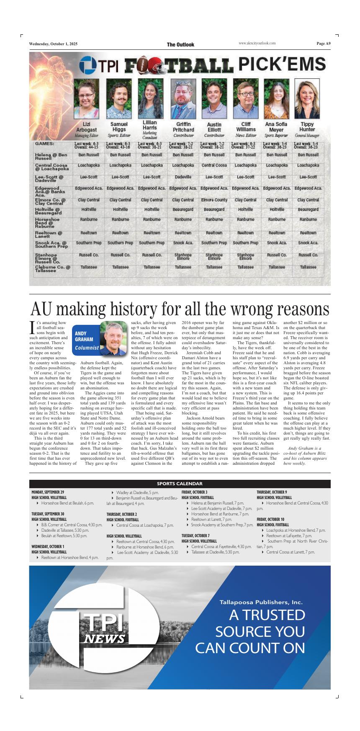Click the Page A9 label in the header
coord(323,44)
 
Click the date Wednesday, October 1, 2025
coord(53,44)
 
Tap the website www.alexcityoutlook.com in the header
coord(257,44)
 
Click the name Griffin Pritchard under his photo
coord(183,127)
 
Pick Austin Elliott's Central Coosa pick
coord(214,165)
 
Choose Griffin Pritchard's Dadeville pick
coord(183,177)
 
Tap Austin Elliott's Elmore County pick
coord(214,200)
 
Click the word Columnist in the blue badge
coord(87,347)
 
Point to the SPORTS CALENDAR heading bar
coord(180,484)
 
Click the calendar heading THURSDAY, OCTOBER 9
coord(272,492)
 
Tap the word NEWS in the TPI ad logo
coord(105,638)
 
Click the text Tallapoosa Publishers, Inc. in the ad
coord(261,602)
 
